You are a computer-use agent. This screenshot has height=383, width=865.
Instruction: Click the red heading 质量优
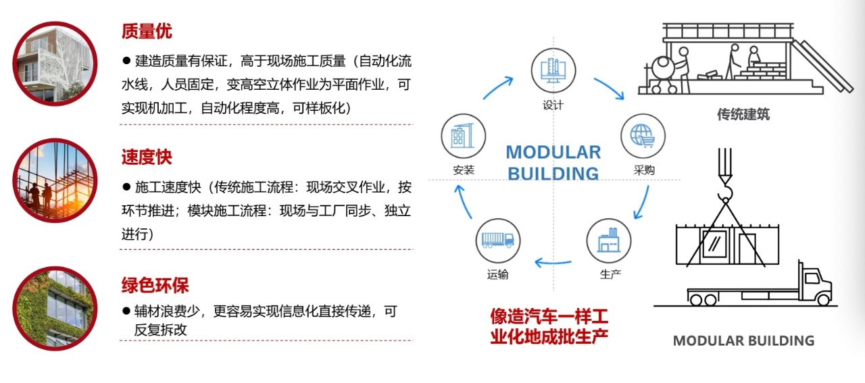[x=147, y=31]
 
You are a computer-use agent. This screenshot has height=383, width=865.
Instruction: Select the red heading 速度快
[x=147, y=157]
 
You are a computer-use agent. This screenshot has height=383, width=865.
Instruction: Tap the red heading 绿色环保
[x=155, y=285]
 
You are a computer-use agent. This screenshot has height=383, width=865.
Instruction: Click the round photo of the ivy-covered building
[x=55, y=309]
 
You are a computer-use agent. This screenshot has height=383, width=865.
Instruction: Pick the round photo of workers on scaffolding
[x=55, y=180]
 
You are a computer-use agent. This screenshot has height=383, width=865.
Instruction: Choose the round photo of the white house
[x=55, y=63]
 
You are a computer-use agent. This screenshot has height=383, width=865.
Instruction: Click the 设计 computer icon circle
[x=553, y=71]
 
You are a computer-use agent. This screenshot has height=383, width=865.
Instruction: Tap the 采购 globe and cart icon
[x=643, y=136]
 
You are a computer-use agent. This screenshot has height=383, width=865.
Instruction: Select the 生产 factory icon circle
[x=609, y=241]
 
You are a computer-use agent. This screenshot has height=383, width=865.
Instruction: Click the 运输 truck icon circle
[x=498, y=241]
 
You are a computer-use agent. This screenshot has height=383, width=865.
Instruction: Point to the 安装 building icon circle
[x=464, y=136]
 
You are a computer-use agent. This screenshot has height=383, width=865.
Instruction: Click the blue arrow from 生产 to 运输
[x=553, y=263]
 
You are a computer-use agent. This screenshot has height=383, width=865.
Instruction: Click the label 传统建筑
[x=743, y=114]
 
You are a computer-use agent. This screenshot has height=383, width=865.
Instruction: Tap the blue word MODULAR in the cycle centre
[x=553, y=152]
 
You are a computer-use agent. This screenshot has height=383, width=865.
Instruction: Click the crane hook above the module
[x=725, y=192]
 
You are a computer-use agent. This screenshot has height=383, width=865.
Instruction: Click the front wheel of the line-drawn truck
[x=823, y=300]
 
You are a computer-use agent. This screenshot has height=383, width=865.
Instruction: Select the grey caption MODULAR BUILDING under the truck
[x=744, y=340]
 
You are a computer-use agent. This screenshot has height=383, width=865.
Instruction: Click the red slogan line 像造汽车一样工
[x=549, y=317]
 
